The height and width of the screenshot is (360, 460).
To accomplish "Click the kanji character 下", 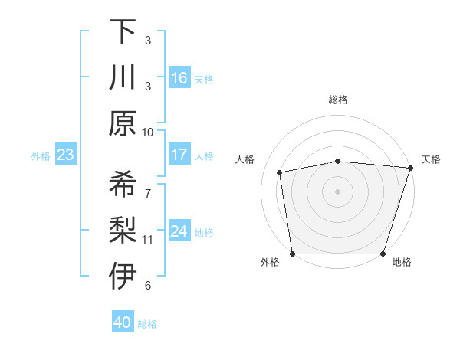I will [123, 32].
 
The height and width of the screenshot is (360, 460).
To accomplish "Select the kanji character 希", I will [123, 185].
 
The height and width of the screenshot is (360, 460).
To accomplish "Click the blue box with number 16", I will [179, 77].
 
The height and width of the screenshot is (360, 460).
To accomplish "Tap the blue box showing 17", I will [179, 155].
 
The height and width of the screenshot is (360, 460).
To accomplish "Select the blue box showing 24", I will [179, 231].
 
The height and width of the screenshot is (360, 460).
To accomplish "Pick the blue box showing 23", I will [66, 155].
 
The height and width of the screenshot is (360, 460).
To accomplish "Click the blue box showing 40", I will [123, 322].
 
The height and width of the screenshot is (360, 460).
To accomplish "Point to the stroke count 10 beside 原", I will [148, 132].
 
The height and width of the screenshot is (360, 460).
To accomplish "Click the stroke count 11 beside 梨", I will [148, 240].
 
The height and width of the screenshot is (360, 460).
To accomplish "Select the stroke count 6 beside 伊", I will [148, 286].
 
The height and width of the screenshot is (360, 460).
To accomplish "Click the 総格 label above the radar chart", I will [338, 100].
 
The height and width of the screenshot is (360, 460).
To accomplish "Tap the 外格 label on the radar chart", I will [270, 262].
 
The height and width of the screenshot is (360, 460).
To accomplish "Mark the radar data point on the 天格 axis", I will [410, 169].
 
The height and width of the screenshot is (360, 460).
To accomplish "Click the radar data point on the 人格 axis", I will [280, 172].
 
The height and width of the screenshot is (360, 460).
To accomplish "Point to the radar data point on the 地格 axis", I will [383, 254].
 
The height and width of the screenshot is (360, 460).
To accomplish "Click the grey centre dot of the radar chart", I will [338, 191].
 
